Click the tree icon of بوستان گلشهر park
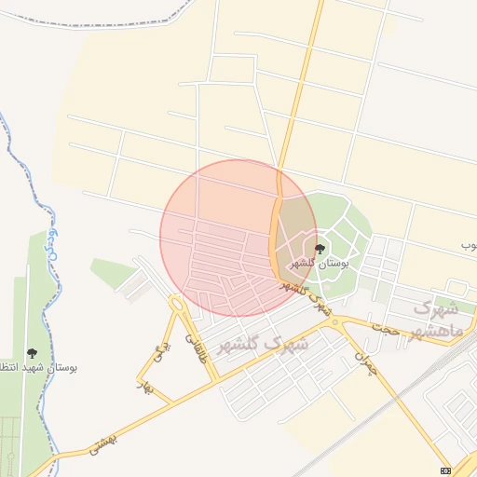320,249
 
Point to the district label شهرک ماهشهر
436,319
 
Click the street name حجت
386,328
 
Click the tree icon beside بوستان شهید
33,353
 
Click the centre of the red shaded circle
238,238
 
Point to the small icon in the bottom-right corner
445,470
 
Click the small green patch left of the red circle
113,271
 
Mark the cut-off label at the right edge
469,245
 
